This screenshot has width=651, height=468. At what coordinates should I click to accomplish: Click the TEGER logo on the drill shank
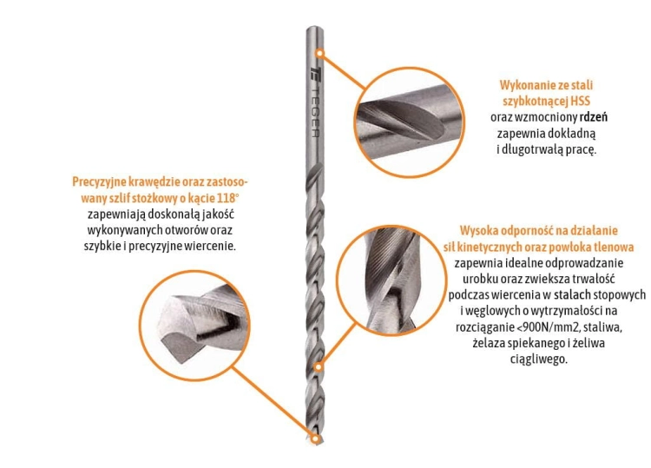315,102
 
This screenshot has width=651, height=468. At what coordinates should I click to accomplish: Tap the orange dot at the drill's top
319,53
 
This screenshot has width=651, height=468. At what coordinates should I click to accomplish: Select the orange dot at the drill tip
316,438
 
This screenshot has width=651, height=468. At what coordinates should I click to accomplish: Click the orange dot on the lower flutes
318,367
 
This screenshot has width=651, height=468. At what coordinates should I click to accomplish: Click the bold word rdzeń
594,117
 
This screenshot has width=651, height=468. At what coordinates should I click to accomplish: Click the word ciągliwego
538,359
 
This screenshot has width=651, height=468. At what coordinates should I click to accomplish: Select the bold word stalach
573,295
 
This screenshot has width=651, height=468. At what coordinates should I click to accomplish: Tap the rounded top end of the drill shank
315,29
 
